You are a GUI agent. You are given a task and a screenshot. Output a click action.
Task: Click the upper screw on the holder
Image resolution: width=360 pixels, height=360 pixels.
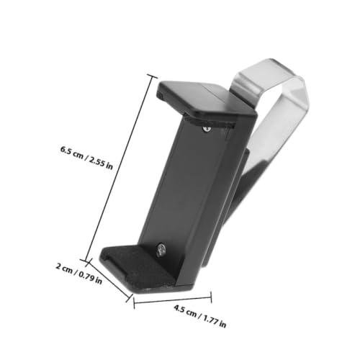point(207,129)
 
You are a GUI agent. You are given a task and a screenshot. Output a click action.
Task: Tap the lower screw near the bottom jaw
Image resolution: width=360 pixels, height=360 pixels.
point(161,249)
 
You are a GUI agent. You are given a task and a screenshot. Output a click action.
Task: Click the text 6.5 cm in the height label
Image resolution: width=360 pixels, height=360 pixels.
point(72,153)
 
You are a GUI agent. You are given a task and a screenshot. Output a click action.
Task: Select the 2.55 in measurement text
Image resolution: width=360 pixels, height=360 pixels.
point(101,163)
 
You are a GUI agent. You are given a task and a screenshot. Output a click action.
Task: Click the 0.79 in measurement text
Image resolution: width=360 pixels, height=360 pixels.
point(90,277)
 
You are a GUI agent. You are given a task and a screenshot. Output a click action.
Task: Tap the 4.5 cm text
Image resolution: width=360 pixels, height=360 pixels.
point(185,311)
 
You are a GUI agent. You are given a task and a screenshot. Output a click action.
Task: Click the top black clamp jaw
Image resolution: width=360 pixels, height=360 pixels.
point(207,99)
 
